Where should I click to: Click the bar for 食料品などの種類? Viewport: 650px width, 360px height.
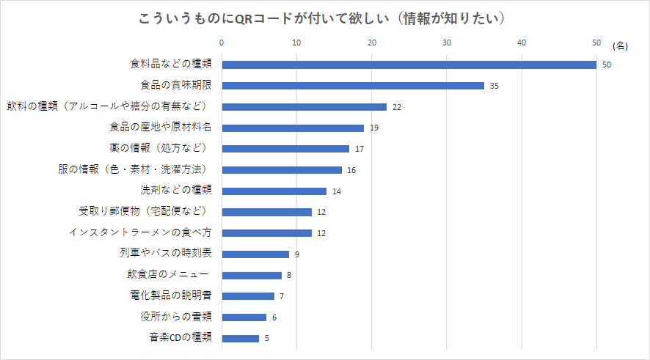coord(409,65)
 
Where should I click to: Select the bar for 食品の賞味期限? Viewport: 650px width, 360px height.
coord(353,86)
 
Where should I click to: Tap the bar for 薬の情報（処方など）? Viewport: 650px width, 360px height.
coord(285,149)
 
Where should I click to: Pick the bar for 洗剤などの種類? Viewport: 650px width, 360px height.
coord(274,191)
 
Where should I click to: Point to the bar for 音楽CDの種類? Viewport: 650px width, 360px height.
coord(240,339)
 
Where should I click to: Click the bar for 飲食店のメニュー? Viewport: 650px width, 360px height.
coord(252,276)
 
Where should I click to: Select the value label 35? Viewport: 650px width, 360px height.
coord(494,87)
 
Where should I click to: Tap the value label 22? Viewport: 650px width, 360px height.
coord(397,107)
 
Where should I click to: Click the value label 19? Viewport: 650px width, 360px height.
coord(374,128)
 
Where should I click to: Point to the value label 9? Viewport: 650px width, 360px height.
coord(296,255)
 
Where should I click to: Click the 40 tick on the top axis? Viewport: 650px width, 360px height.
coord(522,43)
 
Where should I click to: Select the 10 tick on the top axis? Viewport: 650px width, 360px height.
coord(296,43)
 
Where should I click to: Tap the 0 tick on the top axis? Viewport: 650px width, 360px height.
coord(222,43)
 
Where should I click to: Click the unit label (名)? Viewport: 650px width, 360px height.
coord(620,45)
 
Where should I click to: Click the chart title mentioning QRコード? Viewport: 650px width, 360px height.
coord(324,18)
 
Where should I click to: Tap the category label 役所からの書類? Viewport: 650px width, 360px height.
coord(176,317)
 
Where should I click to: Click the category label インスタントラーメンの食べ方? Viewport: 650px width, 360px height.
coord(140,232)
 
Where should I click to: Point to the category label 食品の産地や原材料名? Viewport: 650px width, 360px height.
coord(161,128)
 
